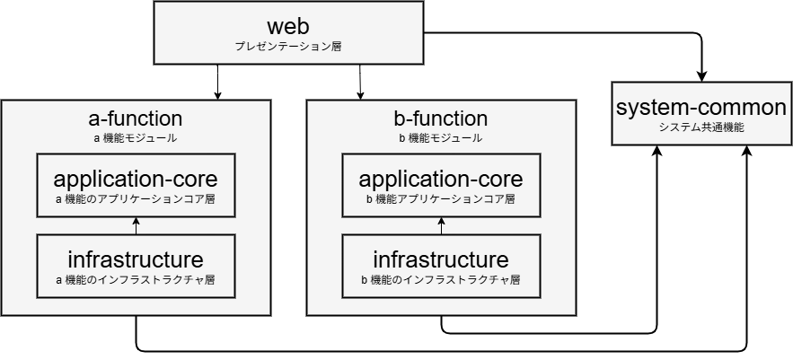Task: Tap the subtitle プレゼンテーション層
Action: coord(287,45)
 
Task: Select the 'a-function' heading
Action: coord(136,119)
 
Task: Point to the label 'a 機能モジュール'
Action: coord(136,138)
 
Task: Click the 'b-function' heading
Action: coord(441,119)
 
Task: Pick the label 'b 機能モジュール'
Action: coord(441,138)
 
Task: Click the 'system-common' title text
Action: coord(701,108)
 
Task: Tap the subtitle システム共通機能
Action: coord(701,127)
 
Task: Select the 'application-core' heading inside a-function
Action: coord(136,178)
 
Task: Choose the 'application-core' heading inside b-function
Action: coord(441,178)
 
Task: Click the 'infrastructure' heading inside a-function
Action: coord(136,259)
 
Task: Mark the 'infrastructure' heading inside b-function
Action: coord(441,259)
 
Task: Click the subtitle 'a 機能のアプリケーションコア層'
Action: coord(136,198)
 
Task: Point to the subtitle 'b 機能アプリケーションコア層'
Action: coord(441,198)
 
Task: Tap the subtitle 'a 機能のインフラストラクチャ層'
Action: coord(136,280)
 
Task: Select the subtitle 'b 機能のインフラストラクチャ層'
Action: coord(441,280)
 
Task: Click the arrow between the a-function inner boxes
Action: coord(136,225)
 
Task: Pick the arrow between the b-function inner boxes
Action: coord(441,225)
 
